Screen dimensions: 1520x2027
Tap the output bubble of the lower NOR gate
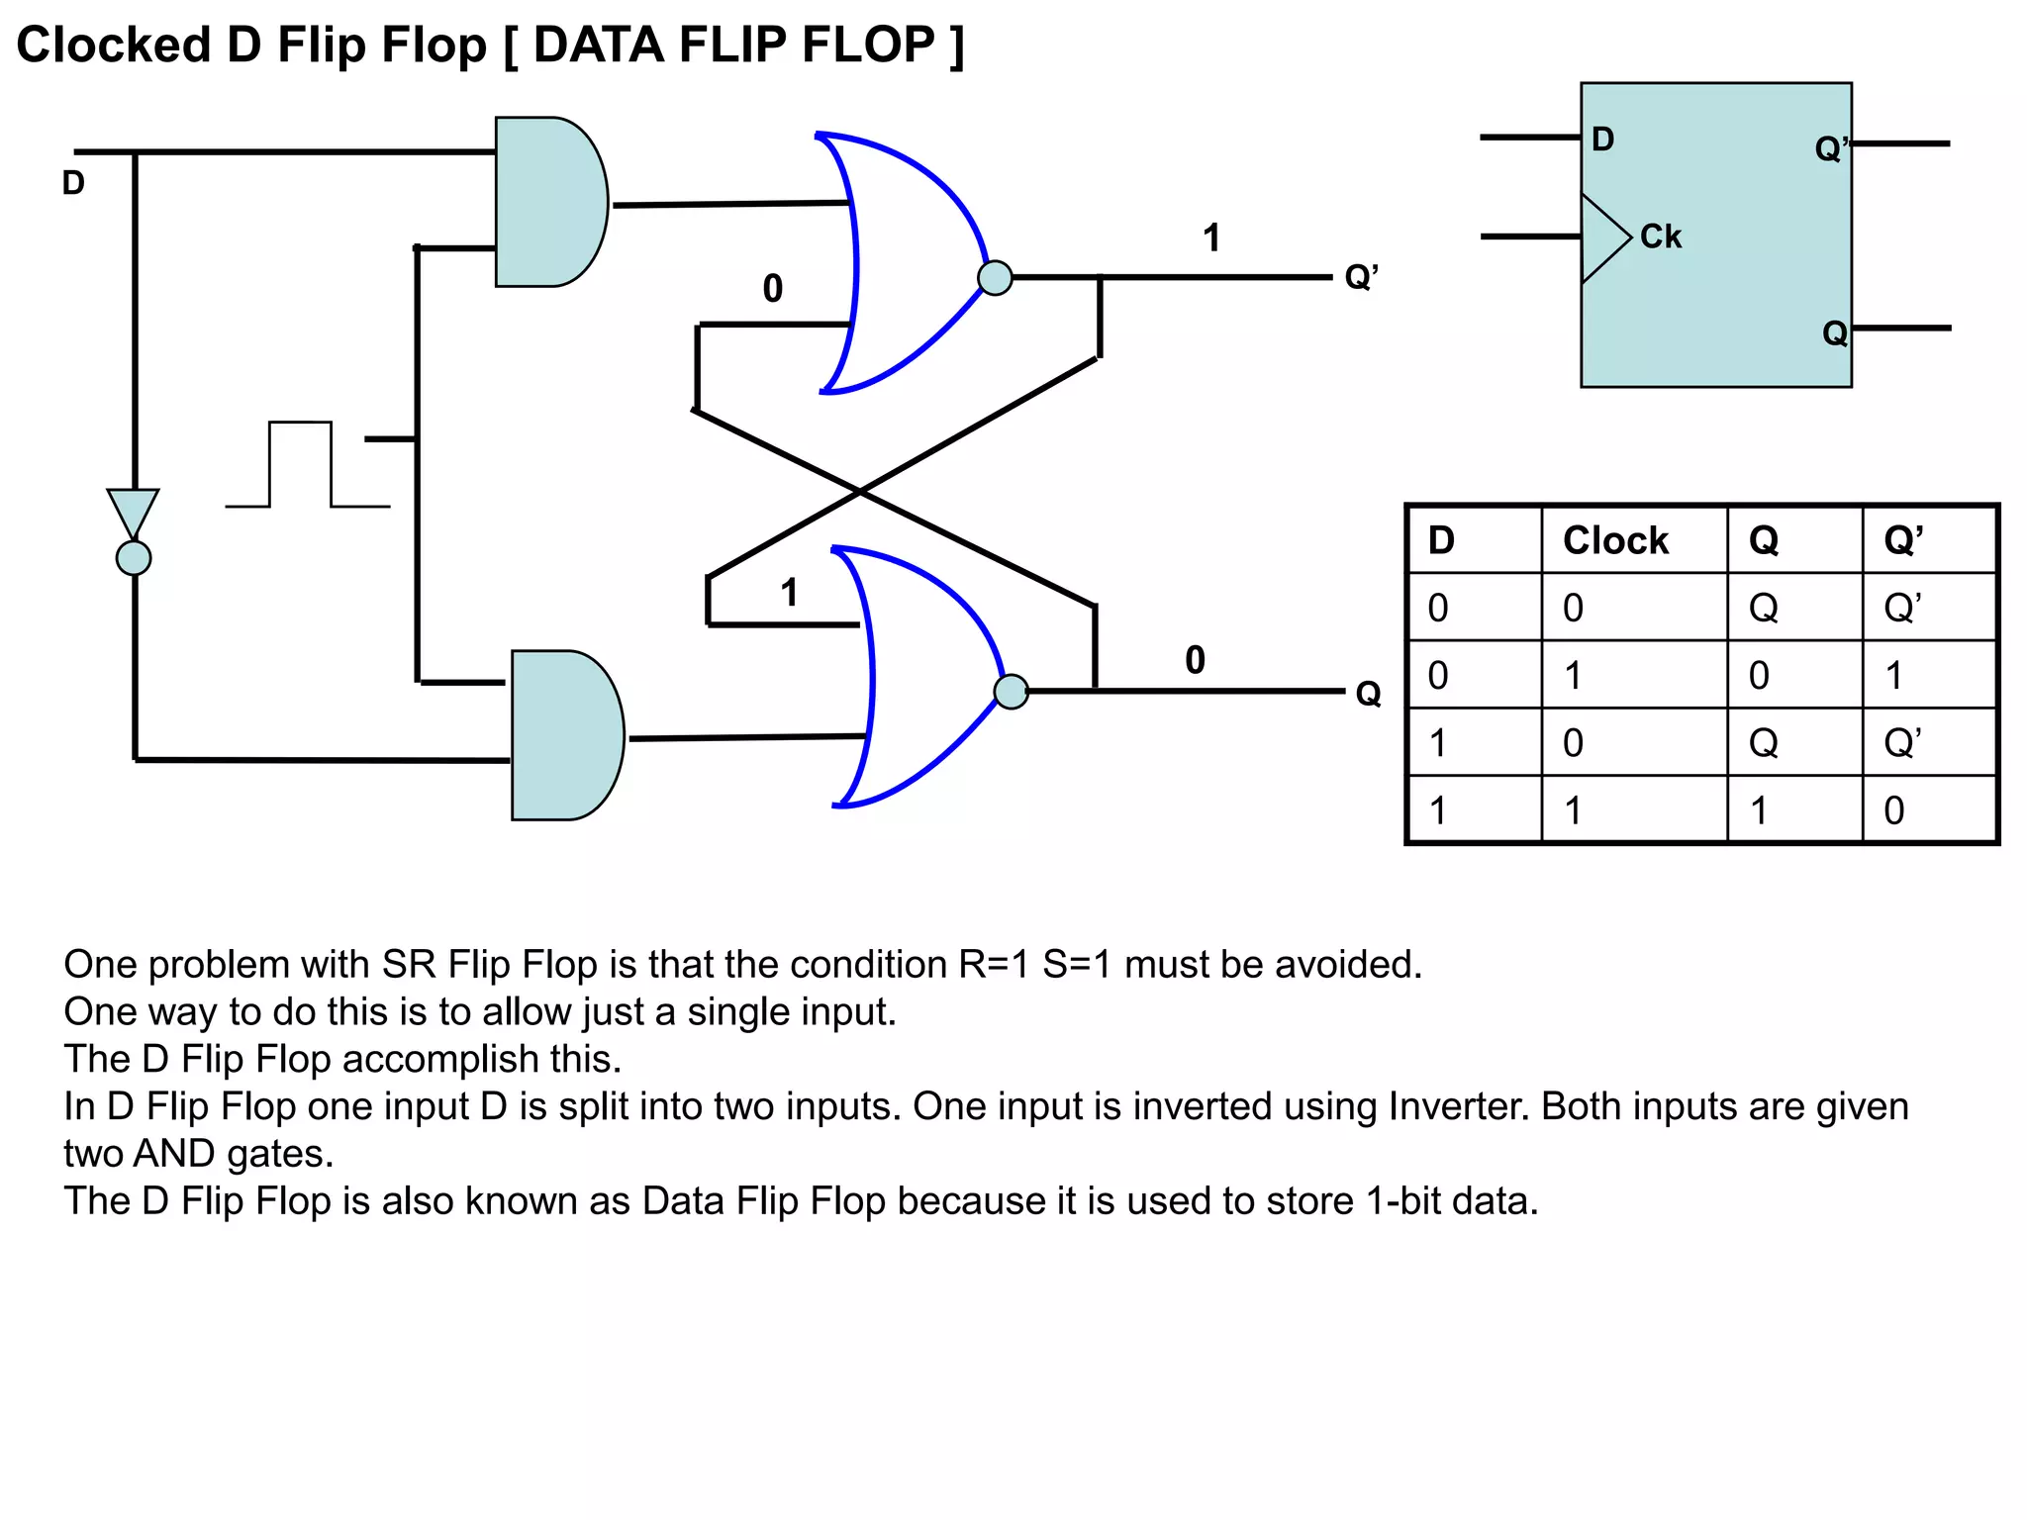(1011, 692)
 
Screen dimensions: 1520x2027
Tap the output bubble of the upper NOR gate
(995, 278)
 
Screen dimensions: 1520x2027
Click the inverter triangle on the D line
(133, 511)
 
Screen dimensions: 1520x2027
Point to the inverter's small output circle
(134, 558)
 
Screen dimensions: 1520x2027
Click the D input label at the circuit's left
(73, 183)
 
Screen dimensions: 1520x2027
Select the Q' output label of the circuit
(1361, 277)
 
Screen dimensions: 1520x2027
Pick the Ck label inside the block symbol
(1660, 237)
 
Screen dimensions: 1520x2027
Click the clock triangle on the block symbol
(1602, 238)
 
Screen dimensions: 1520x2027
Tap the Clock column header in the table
(1615, 540)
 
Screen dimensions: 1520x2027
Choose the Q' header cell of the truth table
(1902, 540)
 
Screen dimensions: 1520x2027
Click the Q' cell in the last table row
(1893, 810)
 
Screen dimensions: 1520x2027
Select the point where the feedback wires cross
(860, 491)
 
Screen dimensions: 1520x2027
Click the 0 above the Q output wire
(1195, 660)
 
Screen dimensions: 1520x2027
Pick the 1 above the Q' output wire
(1211, 238)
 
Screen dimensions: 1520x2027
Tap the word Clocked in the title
(114, 46)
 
